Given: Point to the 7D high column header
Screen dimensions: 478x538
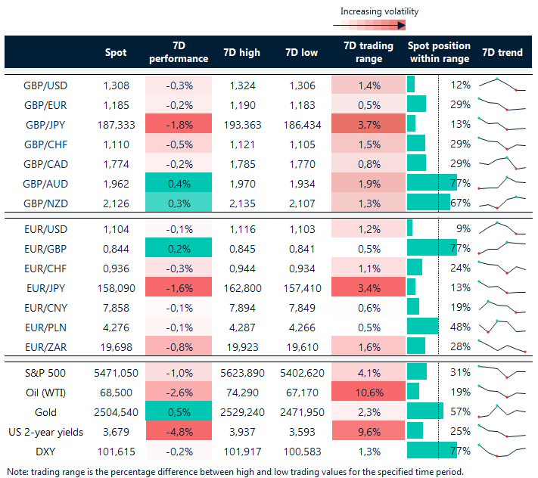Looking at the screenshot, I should pos(241,52).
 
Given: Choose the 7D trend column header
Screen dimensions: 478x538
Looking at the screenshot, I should pos(502,52).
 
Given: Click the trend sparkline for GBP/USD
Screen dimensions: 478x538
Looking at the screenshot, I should pos(502,84).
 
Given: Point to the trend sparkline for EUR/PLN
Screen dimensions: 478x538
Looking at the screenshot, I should pos(502,326).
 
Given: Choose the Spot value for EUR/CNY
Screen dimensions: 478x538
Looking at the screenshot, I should pos(120,306).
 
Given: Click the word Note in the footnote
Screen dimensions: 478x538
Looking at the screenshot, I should pos(17,471).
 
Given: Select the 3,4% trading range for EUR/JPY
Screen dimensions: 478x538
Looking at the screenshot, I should pos(368,287).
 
